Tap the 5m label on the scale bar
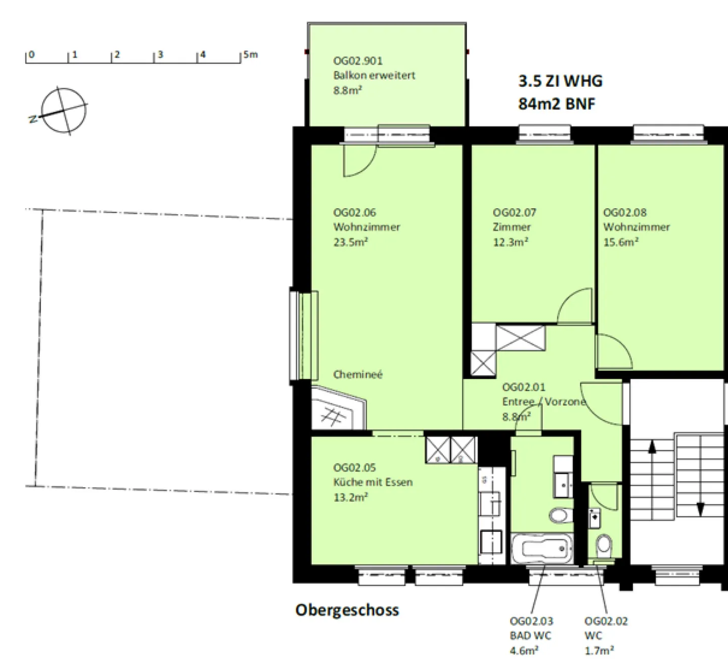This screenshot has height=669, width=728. click(250, 55)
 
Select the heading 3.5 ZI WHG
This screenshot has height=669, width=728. click(560, 81)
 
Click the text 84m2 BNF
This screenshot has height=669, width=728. click(557, 104)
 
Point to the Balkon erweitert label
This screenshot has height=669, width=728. click(374, 75)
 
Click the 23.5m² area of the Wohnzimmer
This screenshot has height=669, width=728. click(350, 242)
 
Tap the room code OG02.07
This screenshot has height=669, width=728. click(514, 212)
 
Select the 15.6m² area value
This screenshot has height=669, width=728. click(621, 242)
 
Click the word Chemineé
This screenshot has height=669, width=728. click(358, 374)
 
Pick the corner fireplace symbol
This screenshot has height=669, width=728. click(338, 407)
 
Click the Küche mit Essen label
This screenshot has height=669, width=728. click(373, 482)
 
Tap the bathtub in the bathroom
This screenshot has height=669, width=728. click(542, 548)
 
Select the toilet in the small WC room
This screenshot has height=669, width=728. click(604, 547)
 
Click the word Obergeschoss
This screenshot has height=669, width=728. click(347, 610)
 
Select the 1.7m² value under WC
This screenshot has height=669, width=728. click(599, 651)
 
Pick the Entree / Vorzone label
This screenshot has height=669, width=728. click(543, 402)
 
